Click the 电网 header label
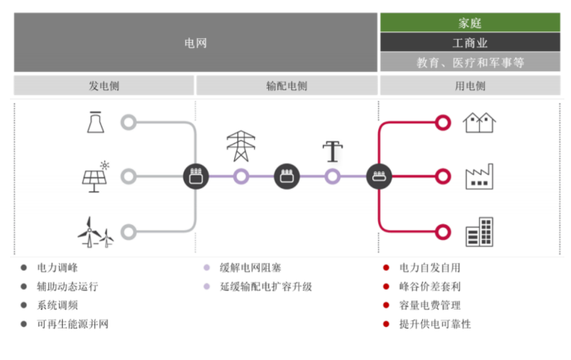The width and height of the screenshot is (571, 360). click(195, 41)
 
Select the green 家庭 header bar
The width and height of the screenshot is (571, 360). click(470, 22)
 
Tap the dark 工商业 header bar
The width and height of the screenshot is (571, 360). click(470, 42)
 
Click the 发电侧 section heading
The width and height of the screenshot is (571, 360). click(103, 85)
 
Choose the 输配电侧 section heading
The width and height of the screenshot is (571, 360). click(286, 85)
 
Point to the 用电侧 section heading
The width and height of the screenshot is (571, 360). click(470, 85)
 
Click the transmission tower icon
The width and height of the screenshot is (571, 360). click(241, 146)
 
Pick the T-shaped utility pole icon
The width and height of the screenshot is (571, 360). click(332, 151)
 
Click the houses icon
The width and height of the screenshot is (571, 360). click(479, 122)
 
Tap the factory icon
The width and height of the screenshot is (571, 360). click(479, 176)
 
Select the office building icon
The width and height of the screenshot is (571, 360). click(479, 231)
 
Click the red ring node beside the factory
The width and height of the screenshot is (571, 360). click(443, 175)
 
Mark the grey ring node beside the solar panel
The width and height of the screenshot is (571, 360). click(128, 175)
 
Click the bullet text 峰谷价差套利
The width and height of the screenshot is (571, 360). click(429, 286)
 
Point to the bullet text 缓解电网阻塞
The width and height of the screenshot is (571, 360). click(250, 267)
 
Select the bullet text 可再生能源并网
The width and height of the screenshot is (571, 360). click(73, 324)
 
